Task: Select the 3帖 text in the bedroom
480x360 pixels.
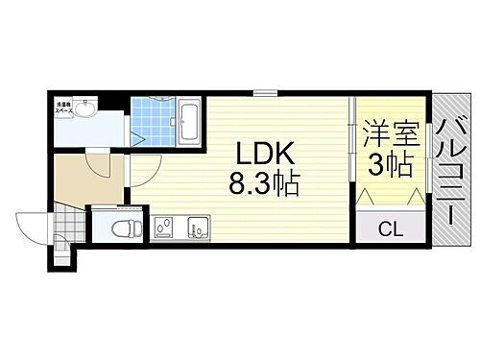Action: click(390, 165)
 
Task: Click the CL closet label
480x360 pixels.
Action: click(390, 228)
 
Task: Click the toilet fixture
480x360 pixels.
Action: click(120, 228)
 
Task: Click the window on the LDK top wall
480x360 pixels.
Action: click(265, 94)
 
